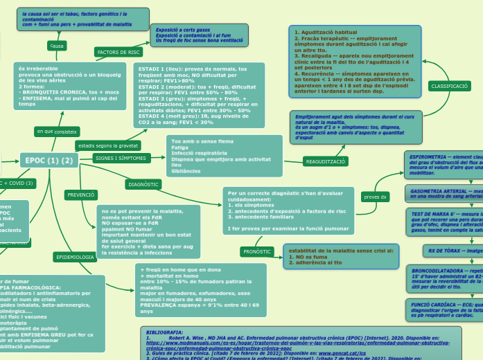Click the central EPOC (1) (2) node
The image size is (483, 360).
[48, 161]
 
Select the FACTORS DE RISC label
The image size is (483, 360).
[118, 52]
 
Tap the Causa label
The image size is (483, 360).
[57, 45]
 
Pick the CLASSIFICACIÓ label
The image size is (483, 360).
[449, 86]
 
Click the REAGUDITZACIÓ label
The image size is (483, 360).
[325, 161]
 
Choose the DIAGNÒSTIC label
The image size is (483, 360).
[144, 184]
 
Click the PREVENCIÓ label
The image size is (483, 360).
[81, 195]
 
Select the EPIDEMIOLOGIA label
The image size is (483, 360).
[75, 257]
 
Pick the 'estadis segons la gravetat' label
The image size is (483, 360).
[108, 146]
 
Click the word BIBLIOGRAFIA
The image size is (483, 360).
[166, 333]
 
